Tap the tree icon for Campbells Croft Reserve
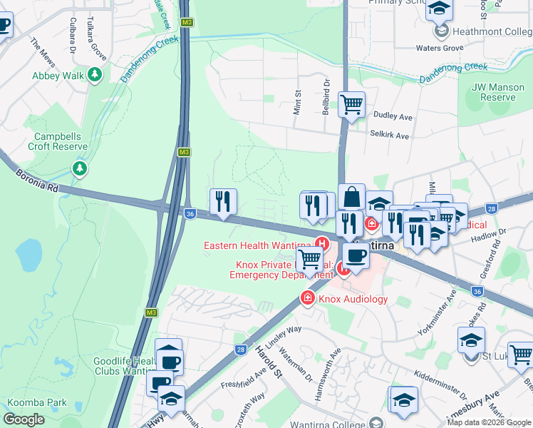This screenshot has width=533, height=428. tap(80, 169)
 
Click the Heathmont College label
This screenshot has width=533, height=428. tap(492, 31)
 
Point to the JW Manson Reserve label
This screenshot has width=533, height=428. tap(493, 92)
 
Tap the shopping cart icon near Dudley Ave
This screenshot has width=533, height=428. tap(352, 105)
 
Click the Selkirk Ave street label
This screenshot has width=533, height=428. tap(390, 135)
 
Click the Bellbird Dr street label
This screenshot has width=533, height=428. tap(326, 96)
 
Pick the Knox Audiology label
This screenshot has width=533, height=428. tap(353, 299)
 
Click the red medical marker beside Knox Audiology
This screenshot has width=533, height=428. tap(308, 297)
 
